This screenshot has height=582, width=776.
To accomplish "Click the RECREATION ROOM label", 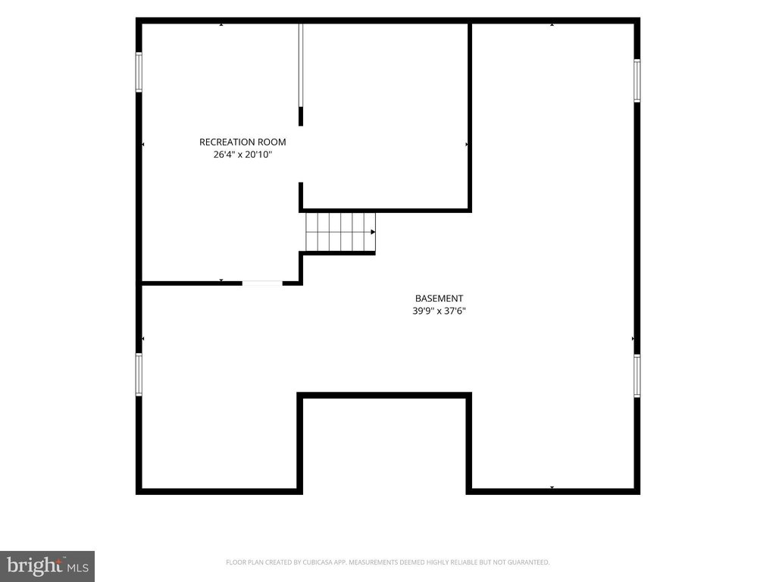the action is [242, 142].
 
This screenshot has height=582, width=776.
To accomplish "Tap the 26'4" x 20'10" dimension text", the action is [242, 155].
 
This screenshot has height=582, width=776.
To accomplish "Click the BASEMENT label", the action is [439, 299].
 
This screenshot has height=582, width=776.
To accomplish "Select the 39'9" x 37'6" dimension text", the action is [439, 311].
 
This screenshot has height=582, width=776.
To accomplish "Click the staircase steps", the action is [340, 232].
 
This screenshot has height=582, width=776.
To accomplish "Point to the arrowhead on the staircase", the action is [373, 232].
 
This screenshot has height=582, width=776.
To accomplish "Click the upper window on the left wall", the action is [139, 72].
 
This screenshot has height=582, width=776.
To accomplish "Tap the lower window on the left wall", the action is [139, 374].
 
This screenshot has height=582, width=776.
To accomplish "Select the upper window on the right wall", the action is [637, 80].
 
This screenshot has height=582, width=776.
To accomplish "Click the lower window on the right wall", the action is [637, 376].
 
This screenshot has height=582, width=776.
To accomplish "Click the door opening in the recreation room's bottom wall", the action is [262, 283].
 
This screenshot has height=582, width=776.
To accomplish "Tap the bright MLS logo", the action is [48, 566].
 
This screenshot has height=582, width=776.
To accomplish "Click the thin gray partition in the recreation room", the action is [300, 65].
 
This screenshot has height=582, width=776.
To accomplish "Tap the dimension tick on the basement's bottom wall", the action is [552, 488].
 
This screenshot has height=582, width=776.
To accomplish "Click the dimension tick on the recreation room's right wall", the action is [467, 145].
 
